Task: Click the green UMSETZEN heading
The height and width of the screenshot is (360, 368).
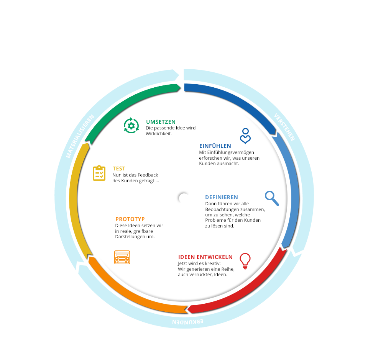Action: pos(161,122)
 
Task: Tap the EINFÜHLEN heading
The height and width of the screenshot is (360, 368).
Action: pos(215,146)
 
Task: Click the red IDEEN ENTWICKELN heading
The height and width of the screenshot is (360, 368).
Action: pos(205,257)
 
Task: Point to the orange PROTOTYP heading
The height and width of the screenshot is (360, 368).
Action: pos(130,219)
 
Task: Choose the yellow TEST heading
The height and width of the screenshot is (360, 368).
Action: pos(119,169)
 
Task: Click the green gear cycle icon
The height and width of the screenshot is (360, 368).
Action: pos(131,126)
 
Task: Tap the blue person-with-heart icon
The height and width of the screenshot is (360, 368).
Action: pos(245,136)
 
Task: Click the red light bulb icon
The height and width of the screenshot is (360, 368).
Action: pos(245,261)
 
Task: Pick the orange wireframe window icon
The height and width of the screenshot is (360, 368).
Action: pos(122,257)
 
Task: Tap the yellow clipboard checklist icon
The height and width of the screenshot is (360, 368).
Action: pos(99,173)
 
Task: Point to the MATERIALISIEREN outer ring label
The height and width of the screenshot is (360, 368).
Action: pos(80,136)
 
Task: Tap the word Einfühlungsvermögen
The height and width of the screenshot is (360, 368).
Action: pos(232,152)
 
